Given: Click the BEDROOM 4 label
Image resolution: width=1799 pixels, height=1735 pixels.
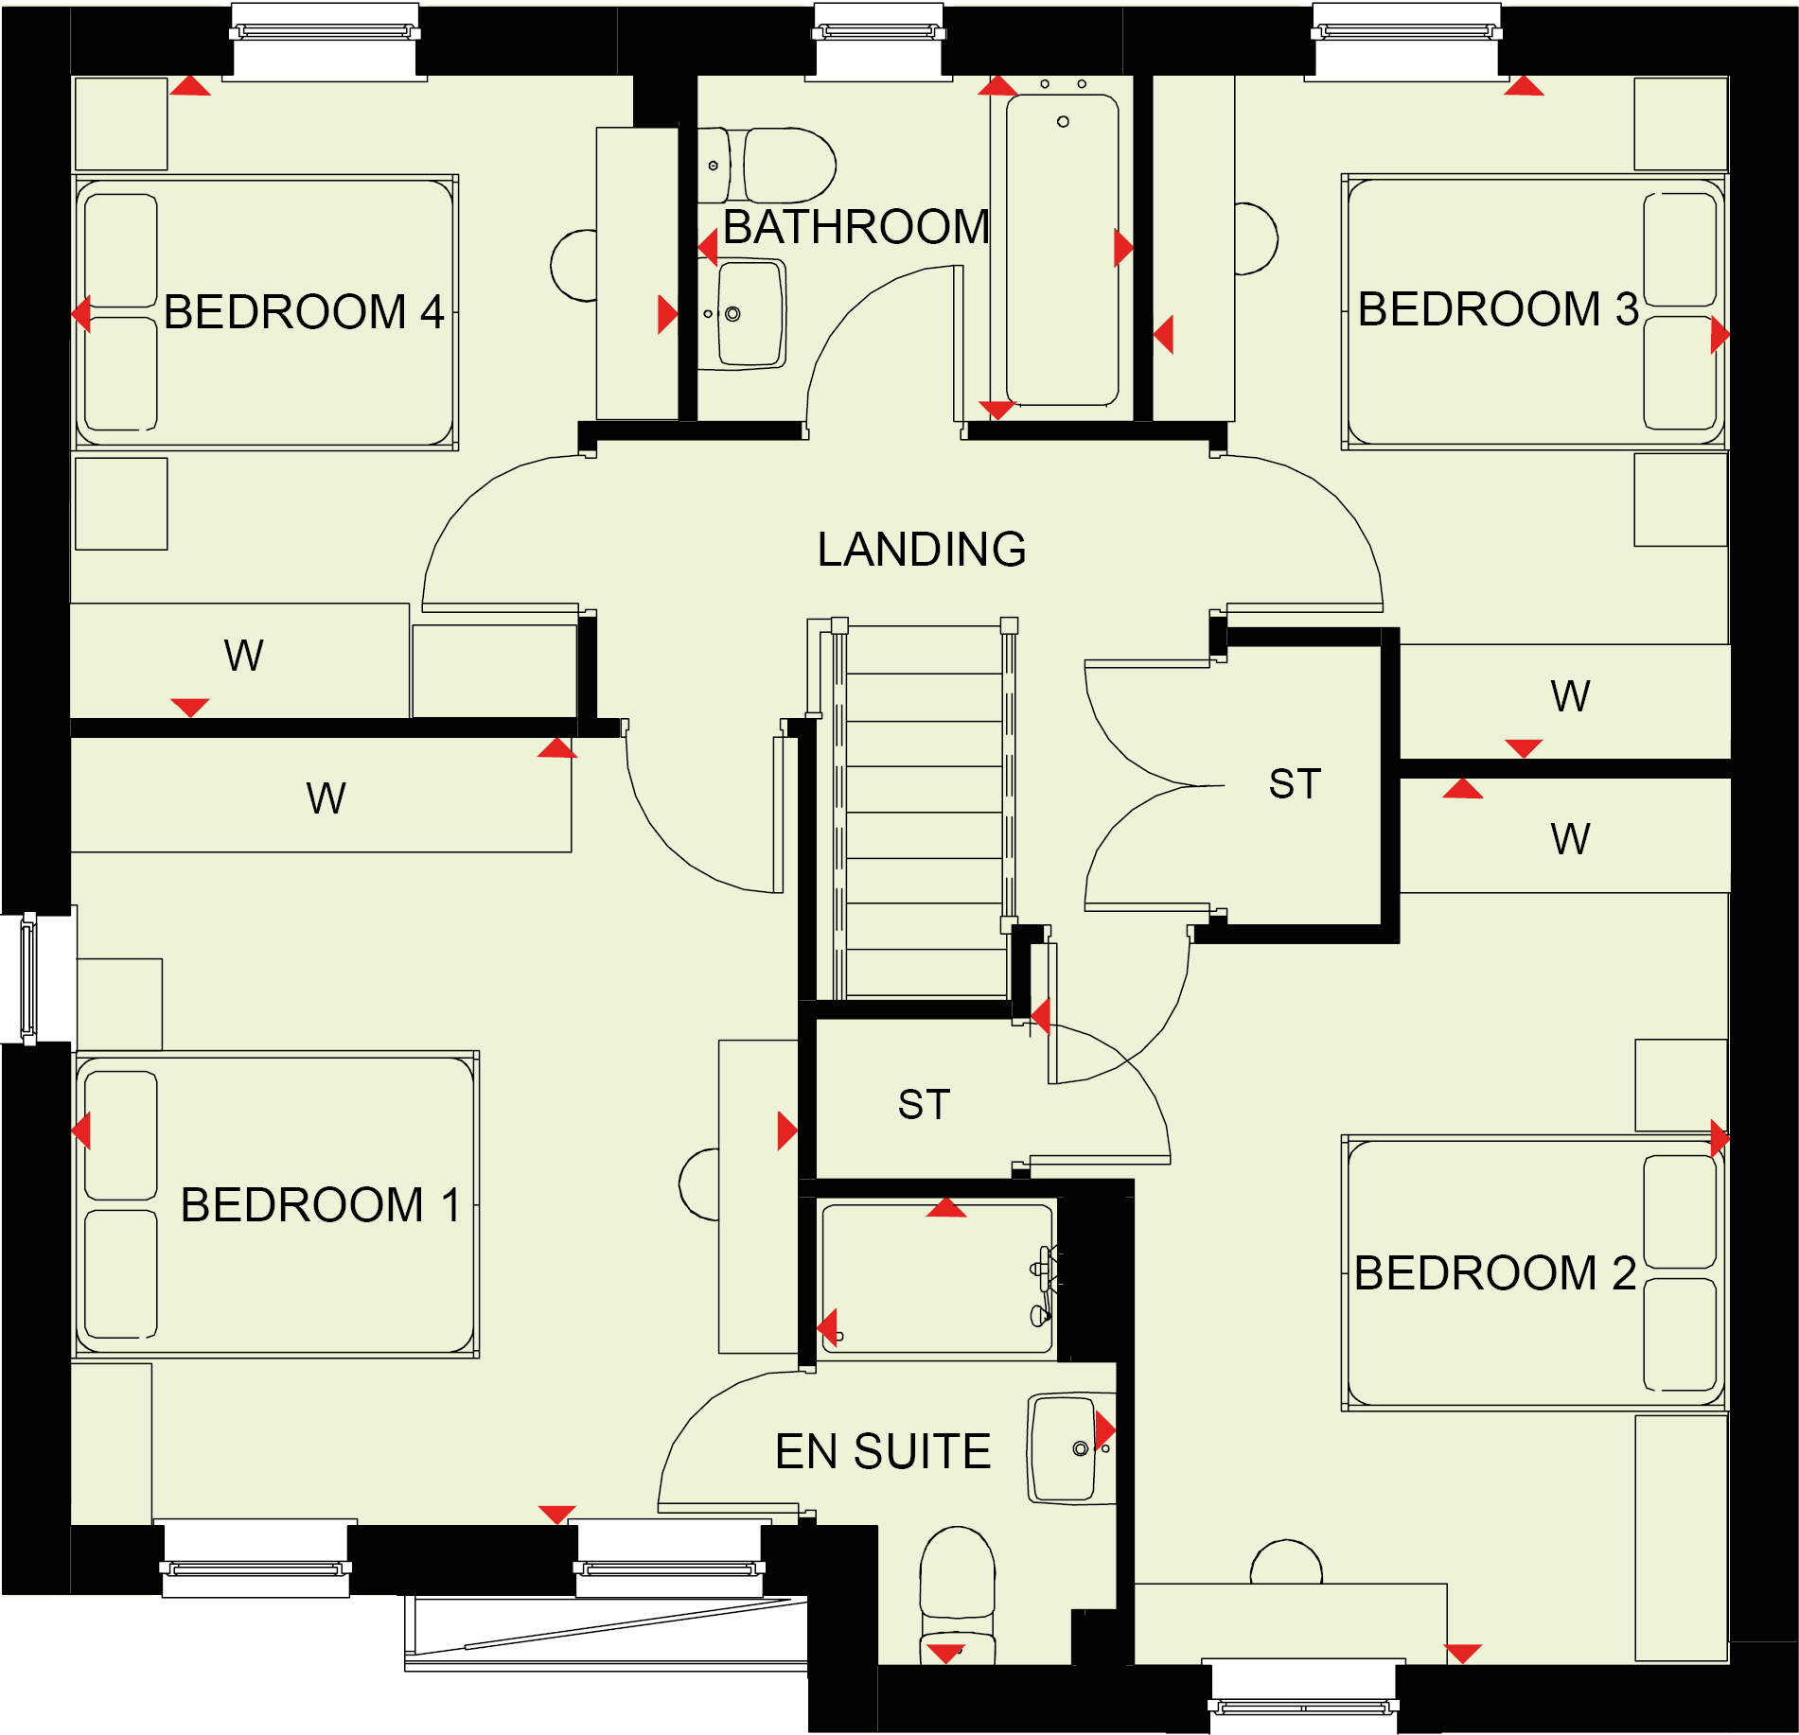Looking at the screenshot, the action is pos(304,312).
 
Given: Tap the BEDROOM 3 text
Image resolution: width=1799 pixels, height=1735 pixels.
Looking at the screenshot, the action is pos(1498,309).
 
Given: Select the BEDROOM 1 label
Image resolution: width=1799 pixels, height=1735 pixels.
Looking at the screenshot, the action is pos(320,1205).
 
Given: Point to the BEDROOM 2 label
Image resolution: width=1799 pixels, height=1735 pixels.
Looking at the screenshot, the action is pos(1495,1273).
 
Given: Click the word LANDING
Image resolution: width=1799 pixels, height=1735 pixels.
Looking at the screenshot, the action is pos(922,550).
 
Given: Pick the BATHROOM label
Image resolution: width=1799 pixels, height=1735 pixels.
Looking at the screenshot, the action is pos(856,227).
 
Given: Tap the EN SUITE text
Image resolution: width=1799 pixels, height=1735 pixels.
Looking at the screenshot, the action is pos(883,1452).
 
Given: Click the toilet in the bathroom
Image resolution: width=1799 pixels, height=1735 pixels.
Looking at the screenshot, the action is pos(767,166).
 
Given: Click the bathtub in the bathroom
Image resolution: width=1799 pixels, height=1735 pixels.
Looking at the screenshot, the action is pos(1062,249).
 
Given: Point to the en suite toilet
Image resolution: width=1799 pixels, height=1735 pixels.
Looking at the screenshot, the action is pos(958,1596).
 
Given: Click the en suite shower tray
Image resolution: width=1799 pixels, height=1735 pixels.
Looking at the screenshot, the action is pos(937,1279).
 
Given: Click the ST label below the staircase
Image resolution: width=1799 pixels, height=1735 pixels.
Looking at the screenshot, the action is pos(924,1105).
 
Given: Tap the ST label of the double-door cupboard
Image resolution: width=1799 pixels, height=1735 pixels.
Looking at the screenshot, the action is pos(1295,784).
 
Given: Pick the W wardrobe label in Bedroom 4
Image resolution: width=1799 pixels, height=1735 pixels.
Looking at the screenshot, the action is pos(243,656).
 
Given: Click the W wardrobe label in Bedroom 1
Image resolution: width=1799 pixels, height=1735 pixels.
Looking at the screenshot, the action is pos(326,798).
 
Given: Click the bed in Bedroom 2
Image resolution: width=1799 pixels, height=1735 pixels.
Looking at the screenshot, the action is pos(1534,1273).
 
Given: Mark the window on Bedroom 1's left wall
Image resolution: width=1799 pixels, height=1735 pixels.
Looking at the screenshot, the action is pos(29,978).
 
